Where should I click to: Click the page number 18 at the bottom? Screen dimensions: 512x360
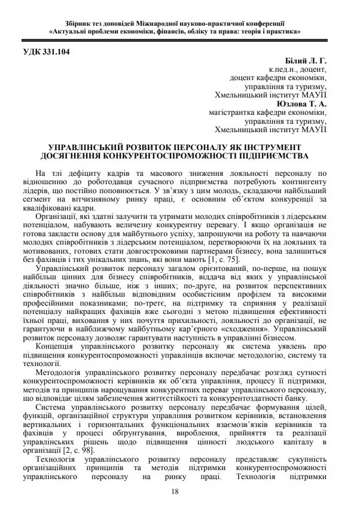click(175, 491)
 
